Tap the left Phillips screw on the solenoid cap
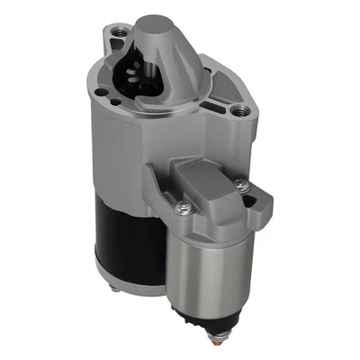click(184, 209)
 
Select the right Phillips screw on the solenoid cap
click(241, 186)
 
